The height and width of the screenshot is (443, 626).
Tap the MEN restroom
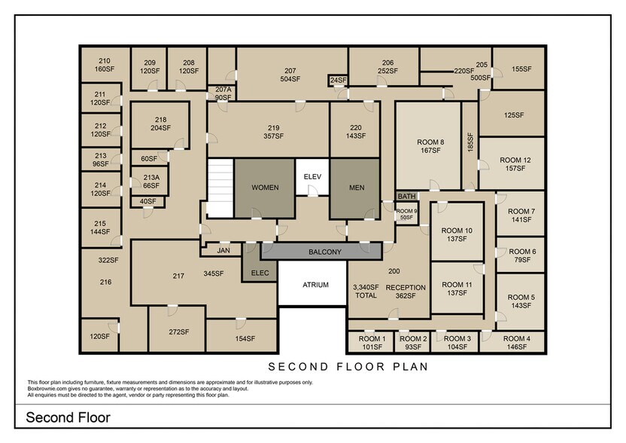[356, 188]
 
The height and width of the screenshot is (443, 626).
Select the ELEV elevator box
[311, 176]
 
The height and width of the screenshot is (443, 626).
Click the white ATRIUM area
[315, 285]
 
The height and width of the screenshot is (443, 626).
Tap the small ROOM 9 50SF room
[406, 214]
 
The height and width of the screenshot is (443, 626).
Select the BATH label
[406, 196]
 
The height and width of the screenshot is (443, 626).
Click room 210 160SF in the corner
[105, 65]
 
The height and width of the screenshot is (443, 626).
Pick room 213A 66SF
[151, 182]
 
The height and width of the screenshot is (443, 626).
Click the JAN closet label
[223, 250]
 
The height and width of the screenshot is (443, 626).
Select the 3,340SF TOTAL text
[366, 292]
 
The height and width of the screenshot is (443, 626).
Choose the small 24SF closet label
[338, 80]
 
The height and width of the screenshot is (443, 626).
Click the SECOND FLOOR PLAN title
[348, 367]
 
